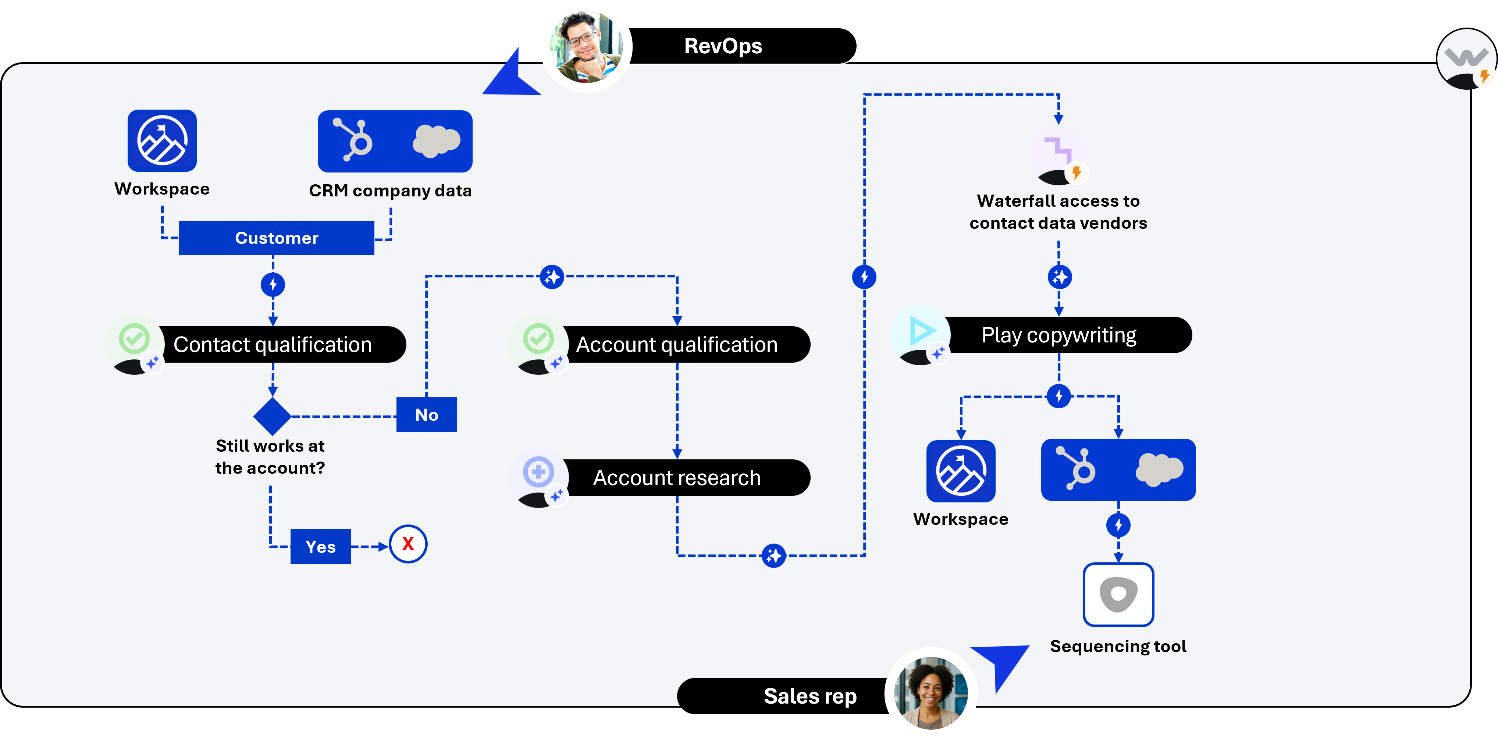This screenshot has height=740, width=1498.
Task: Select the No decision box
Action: (x=426, y=415)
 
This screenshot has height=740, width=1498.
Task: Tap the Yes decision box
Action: (x=320, y=547)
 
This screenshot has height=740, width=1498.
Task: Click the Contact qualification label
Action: (x=272, y=345)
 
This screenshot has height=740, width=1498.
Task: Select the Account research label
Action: (x=676, y=478)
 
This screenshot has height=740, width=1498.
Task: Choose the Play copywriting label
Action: (x=1058, y=335)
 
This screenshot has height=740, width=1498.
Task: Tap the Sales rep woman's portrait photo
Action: (x=931, y=693)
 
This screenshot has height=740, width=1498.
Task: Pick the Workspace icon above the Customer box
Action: (x=162, y=140)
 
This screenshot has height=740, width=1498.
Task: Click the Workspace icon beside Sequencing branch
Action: (x=961, y=471)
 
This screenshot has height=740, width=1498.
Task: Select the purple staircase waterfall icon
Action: (x=1058, y=149)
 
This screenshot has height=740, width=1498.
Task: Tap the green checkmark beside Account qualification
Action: (x=538, y=338)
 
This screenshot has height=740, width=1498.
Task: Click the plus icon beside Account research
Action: (x=538, y=472)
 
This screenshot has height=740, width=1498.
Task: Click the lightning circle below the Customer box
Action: (x=273, y=285)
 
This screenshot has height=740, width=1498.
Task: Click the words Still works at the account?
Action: (x=270, y=457)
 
